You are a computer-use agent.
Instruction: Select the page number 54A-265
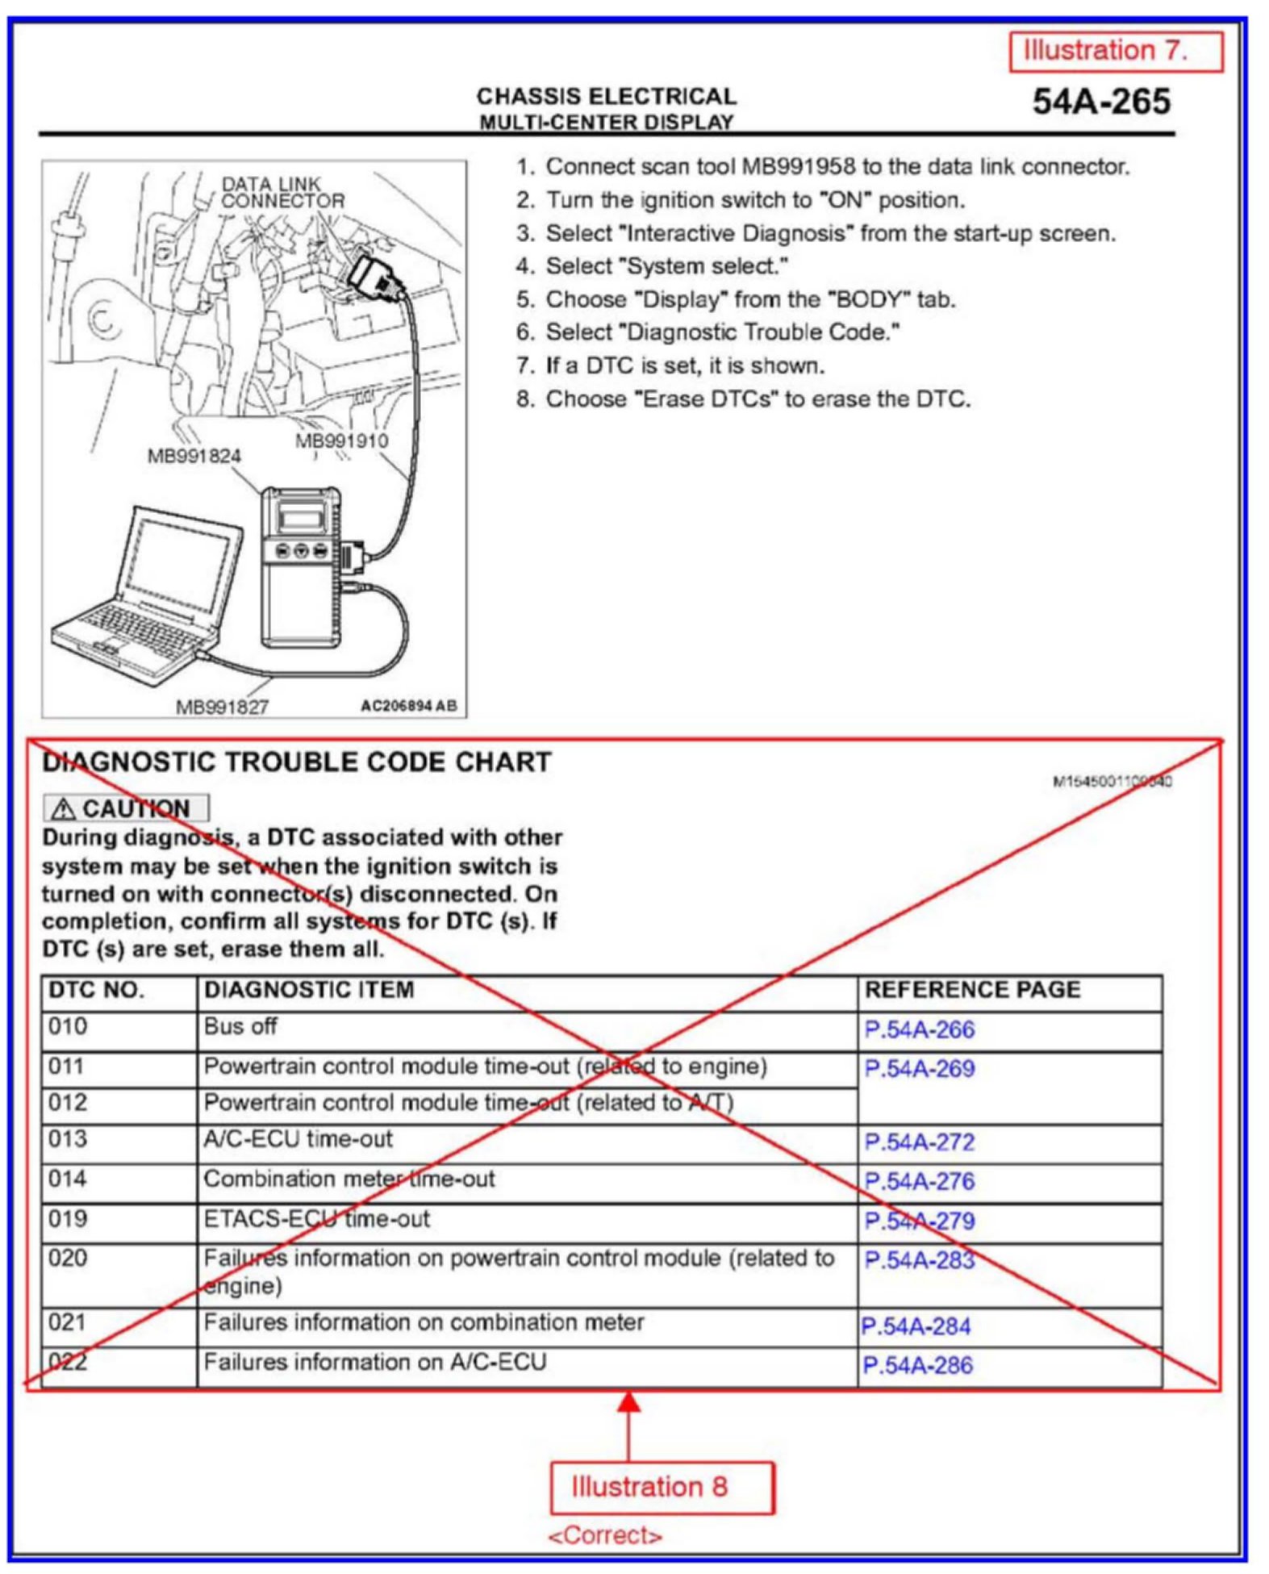click(1100, 102)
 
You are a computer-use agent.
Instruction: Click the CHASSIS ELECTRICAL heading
click(606, 96)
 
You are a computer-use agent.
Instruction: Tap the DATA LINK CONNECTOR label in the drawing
click(282, 193)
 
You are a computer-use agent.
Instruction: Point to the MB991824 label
click(194, 456)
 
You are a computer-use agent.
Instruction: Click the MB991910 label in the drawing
click(341, 440)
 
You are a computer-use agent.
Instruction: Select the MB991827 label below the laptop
click(222, 707)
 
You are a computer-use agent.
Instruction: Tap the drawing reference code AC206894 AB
click(408, 706)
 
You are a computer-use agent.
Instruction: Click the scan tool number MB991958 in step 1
click(797, 167)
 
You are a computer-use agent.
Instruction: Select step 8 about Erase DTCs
click(743, 399)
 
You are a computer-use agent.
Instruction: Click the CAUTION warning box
click(126, 808)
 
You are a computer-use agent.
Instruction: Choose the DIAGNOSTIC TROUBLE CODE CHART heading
click(296, 762)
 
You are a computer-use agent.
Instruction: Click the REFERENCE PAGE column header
click(971, 990)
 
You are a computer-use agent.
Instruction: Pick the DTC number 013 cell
click(68, 1139)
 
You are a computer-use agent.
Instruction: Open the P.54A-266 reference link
click(919, 1029)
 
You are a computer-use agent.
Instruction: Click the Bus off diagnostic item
click(240, 1026)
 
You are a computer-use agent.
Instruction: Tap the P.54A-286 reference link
click(917, 1365)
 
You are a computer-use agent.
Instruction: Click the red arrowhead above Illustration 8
click(629, 1401)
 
